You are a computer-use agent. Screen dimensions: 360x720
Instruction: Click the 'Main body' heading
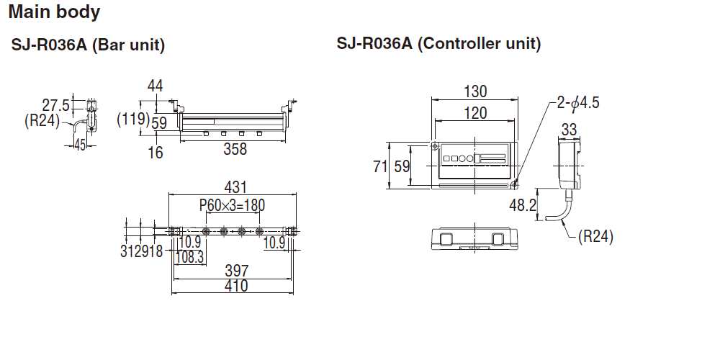(x=55, y=12)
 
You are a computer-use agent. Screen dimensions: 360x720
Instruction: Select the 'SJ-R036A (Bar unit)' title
(x=89, y=46)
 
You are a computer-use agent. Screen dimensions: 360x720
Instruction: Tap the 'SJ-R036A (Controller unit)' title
(x=438, y=43)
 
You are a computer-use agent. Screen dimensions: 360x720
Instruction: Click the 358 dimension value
(x=235, y=149)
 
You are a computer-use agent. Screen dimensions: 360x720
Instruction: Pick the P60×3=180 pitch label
(x=232, y=206)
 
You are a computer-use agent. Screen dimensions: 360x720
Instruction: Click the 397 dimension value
(x=236, y=271)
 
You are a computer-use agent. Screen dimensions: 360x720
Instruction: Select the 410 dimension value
(x=235, y=286)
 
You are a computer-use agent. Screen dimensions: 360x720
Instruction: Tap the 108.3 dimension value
(x=190, y=257)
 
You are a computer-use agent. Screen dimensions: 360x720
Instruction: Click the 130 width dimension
(x=474, y=91)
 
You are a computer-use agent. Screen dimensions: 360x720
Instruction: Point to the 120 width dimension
(x=474, y=113)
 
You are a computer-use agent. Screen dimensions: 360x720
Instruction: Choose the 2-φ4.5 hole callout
(x=577, y=103)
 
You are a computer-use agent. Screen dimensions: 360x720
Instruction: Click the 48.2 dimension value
(x=523, y=205)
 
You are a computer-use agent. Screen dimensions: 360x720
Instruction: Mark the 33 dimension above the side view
(x=569, y=130)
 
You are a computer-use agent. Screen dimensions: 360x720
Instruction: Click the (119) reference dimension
(x=132, y=118)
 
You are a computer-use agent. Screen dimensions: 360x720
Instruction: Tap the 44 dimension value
(x=155, y=86)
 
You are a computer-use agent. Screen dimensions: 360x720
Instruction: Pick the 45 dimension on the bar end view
(x=79, y=145)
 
